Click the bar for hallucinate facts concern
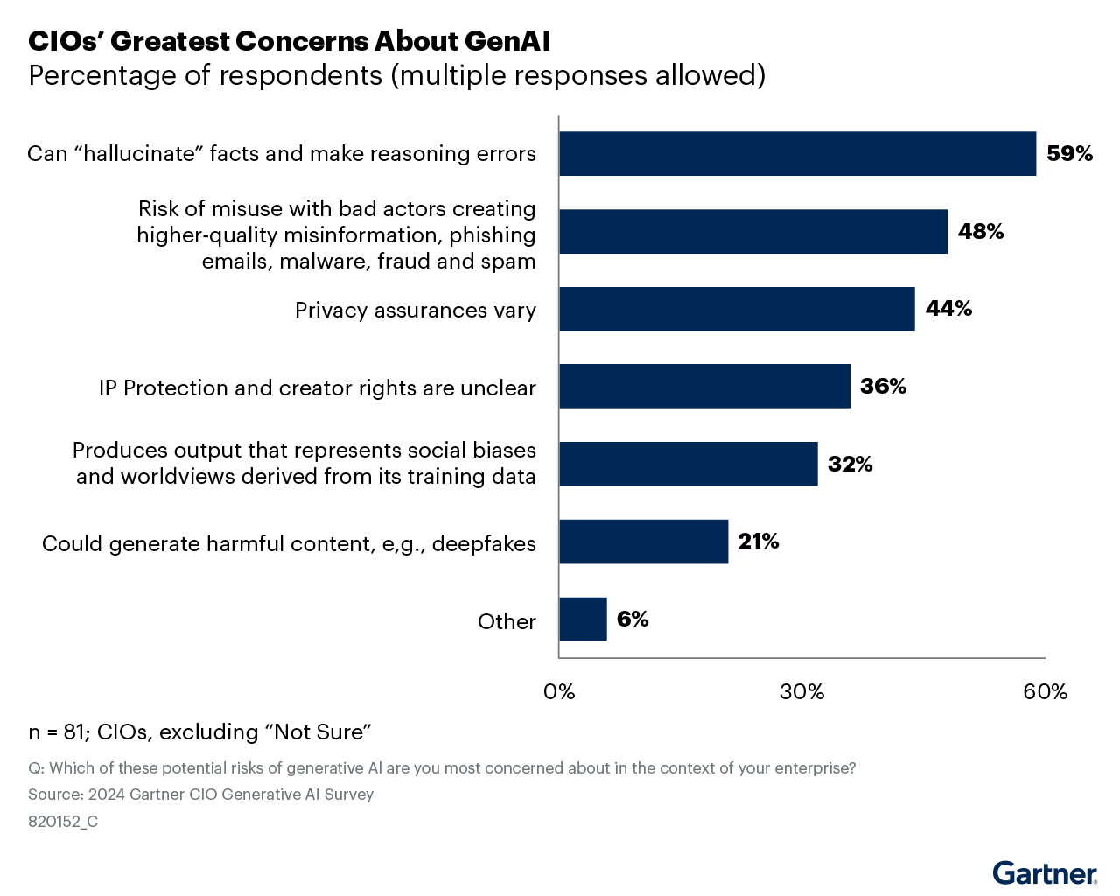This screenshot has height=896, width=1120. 797,154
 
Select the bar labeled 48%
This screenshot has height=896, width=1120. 752,232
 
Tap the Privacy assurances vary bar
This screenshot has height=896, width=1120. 737,309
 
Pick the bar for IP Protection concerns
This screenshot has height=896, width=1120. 704,387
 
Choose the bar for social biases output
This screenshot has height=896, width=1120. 688,464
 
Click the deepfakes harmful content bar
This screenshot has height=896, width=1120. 643,542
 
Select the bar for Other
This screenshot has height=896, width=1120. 583,619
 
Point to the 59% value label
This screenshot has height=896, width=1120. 1069,154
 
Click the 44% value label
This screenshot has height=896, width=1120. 948,309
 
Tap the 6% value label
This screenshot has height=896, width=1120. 633,619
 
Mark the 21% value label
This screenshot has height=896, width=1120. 758,542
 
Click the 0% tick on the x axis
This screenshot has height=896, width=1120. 559,692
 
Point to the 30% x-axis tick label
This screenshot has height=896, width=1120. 802,692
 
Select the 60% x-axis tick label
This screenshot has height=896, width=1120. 1045,692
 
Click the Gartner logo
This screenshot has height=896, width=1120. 1045,872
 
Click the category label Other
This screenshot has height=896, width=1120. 507,622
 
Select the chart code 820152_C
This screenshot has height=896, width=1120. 63,822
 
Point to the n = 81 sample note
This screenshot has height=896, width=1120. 200,732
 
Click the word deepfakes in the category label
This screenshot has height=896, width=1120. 484,544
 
